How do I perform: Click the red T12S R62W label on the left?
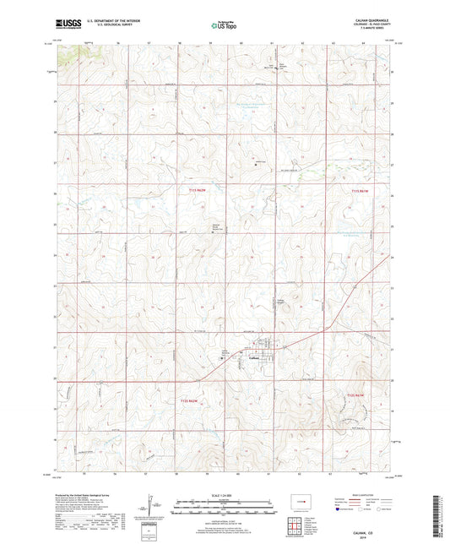pos(191,399)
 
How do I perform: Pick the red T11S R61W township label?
pos(359,192)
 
